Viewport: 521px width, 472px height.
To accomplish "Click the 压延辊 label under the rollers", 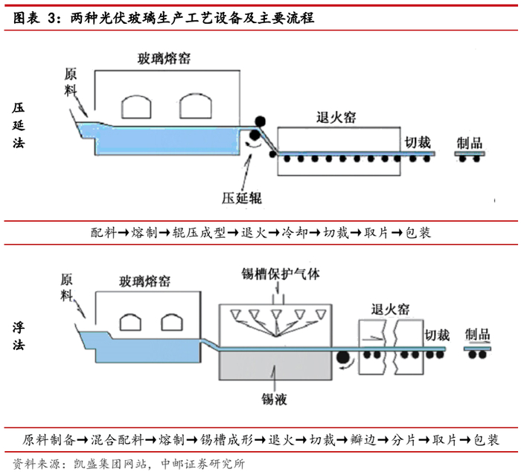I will click(242, 198).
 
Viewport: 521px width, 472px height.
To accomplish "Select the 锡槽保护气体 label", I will click(280, 273).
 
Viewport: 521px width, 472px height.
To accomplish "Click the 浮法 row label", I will click(19, 336).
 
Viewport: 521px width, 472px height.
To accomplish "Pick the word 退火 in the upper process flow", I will click(258, 232).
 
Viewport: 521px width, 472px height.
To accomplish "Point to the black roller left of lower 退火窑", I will click(345, 360).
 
